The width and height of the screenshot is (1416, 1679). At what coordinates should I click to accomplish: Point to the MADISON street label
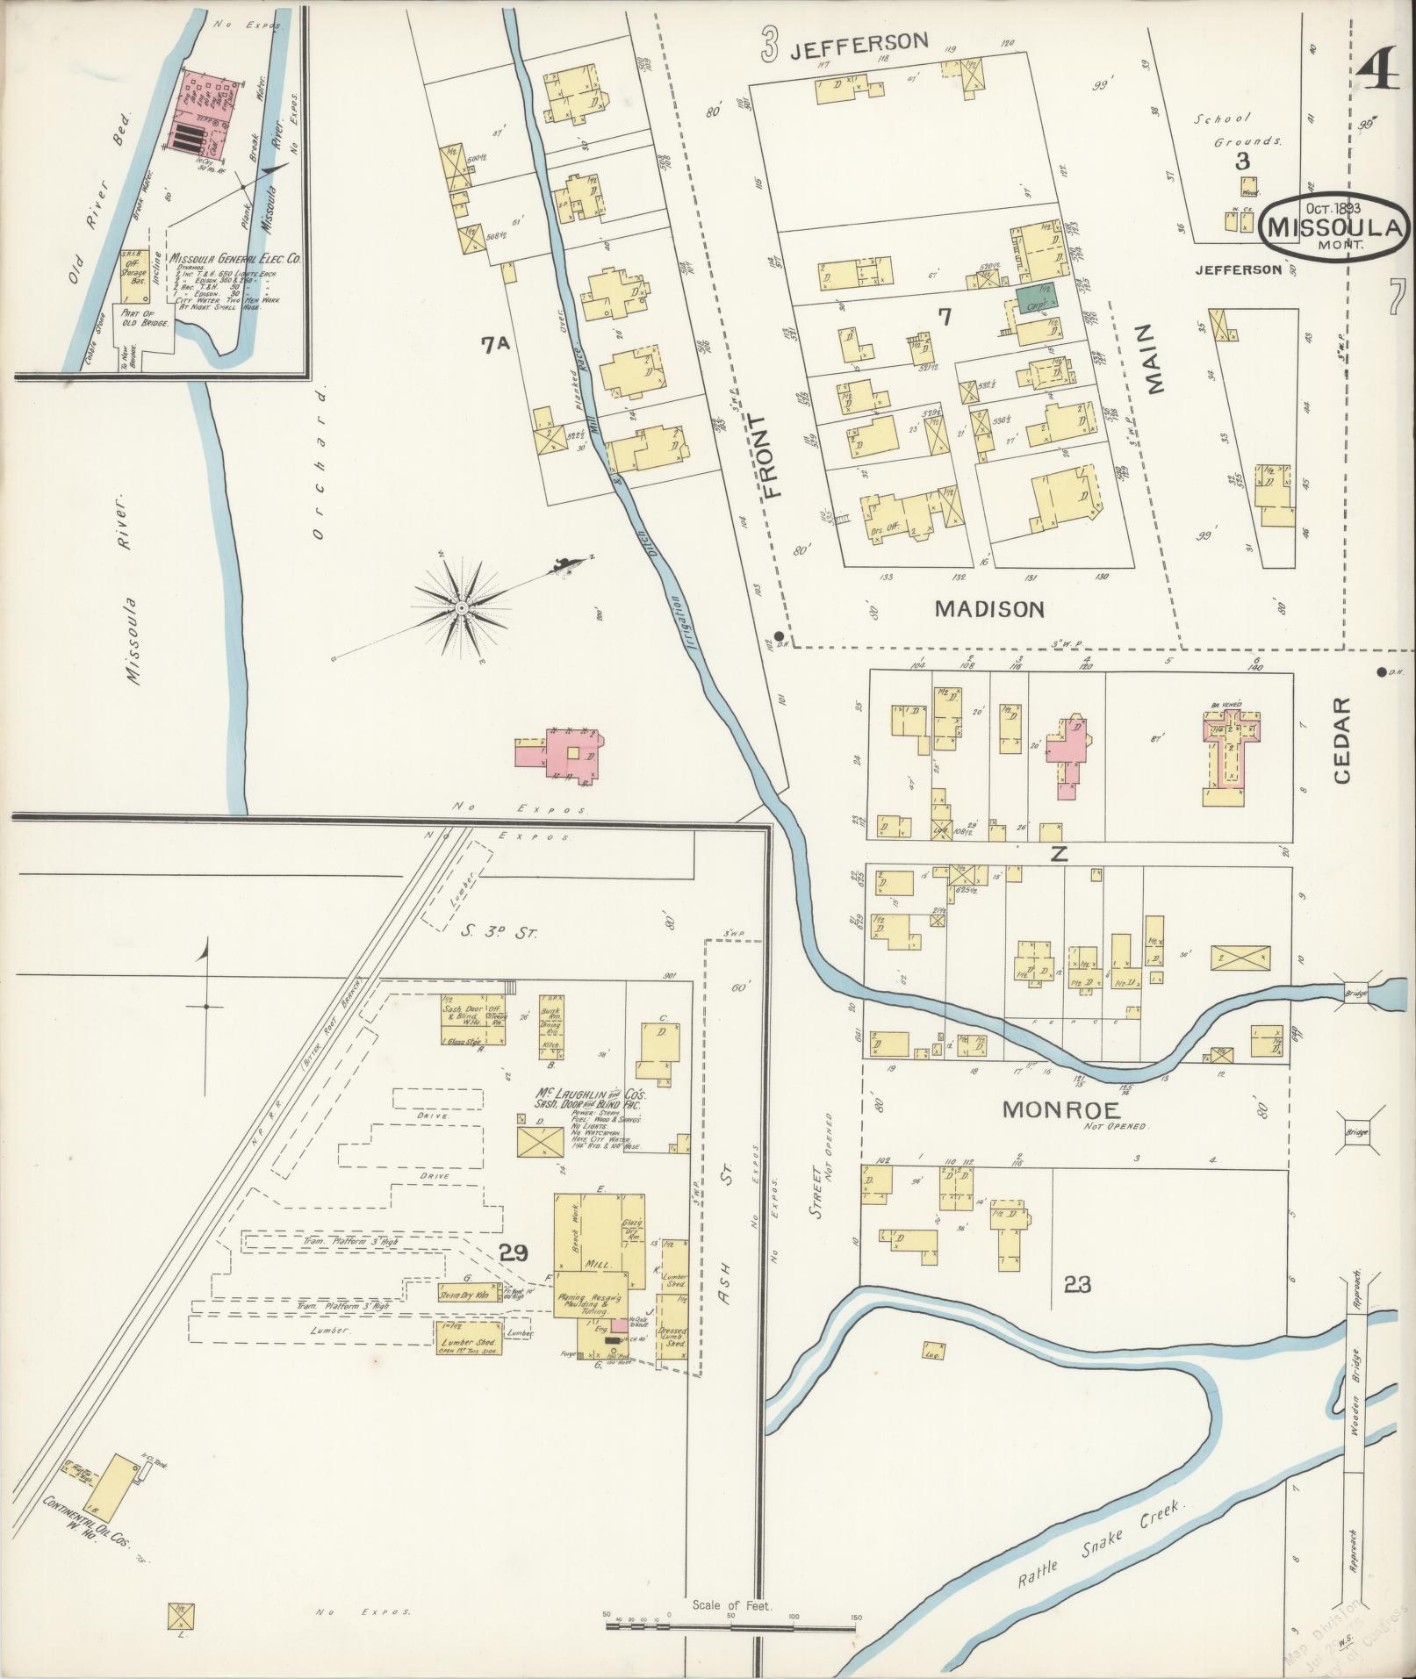point(989,609)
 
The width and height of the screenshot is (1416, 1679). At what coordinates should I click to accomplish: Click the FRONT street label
point(772,456)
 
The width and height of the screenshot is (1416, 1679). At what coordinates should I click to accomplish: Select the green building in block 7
point(1037,298)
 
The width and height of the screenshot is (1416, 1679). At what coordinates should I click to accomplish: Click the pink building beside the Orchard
point(571,752)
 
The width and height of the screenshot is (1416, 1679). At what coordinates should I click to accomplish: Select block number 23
point(1077,1285)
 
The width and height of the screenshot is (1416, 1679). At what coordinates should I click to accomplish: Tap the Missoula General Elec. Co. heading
point(235,259)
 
